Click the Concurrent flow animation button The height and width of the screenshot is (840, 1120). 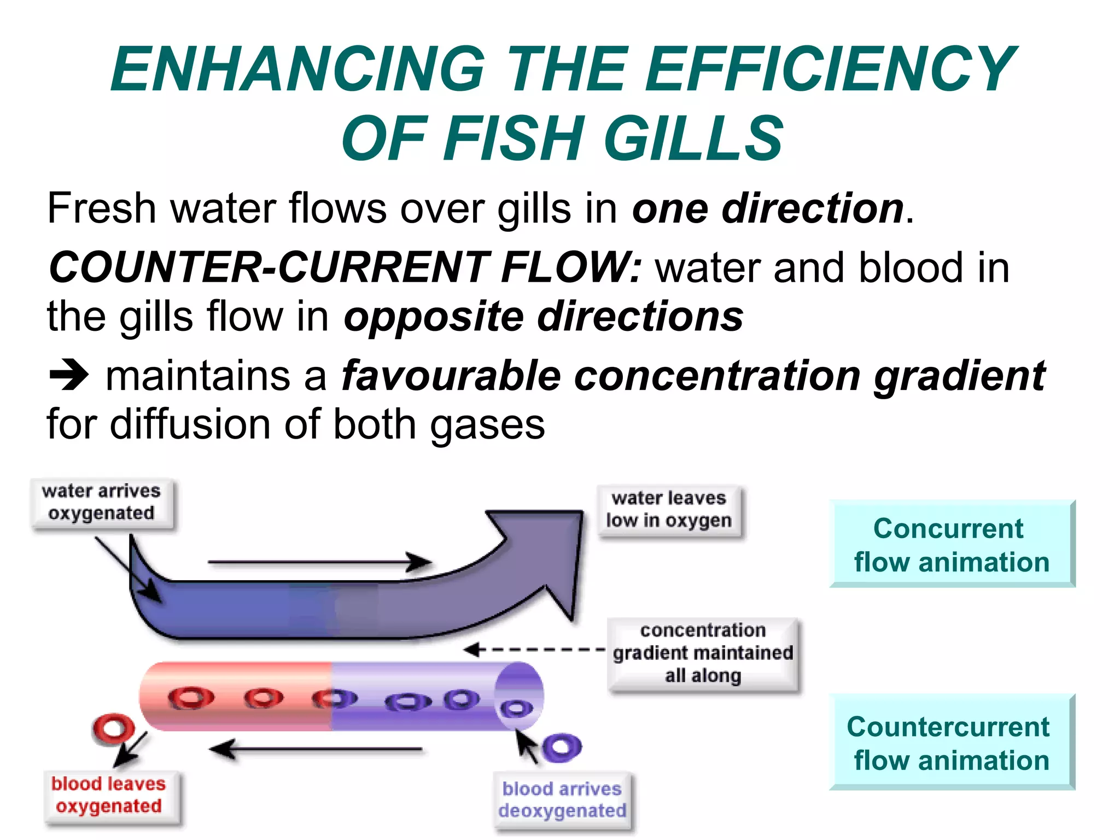(x=952, y=544)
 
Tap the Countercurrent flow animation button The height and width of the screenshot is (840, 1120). (x=952, y=743)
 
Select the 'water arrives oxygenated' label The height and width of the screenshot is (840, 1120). (x=102, y=502)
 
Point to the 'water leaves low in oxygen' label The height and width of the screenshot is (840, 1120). (x=669, y=510)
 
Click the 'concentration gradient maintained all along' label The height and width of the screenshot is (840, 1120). (x=703, y=653)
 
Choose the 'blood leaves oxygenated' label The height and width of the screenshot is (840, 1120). (x=109, y=795)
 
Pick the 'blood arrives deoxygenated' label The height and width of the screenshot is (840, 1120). (x=562, y=800)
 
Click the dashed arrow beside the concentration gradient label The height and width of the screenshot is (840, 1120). (x=533, y=650)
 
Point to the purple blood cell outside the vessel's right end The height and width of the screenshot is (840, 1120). (x=562, y=747)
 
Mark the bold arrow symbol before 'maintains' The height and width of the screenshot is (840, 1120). (x=69, y=375)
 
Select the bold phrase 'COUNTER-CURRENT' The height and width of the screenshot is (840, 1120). (x=268, y=267)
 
